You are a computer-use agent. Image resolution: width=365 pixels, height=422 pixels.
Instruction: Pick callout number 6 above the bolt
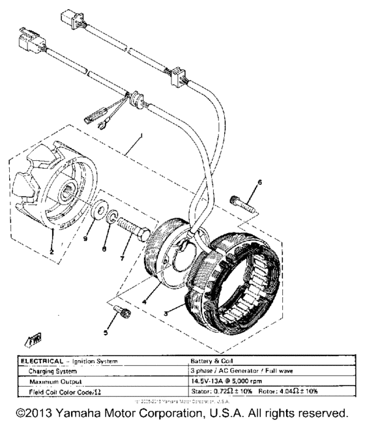(259, 183)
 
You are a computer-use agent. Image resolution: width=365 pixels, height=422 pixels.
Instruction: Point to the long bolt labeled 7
(138, 229)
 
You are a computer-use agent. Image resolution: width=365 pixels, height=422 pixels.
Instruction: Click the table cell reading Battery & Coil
(208, 360)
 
